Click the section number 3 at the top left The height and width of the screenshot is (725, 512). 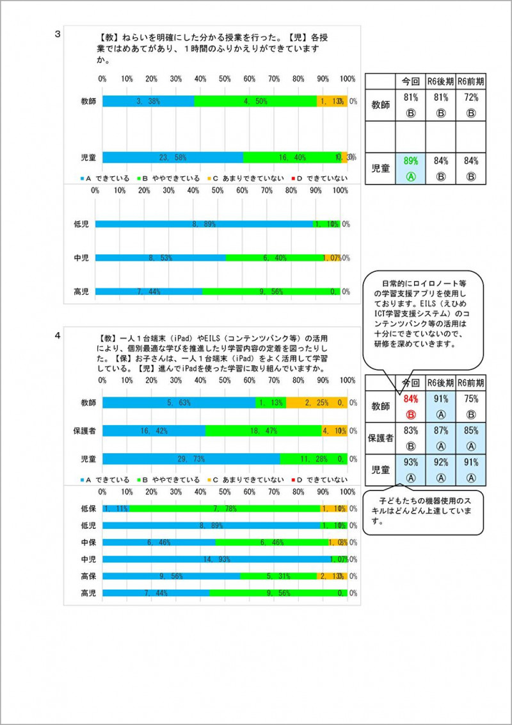tap(58, 34)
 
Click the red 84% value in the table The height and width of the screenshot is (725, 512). tap(410, 399)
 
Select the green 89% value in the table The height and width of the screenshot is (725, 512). tap(410, 162)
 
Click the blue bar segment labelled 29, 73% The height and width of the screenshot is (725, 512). tap(191, 458)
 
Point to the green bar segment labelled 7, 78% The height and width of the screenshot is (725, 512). tap(224, 508)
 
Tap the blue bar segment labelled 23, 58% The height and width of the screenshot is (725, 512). tap(173, 157)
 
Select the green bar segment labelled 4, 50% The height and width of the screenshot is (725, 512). tap(255, 101)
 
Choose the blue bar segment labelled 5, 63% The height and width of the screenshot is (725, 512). tap(179, 403)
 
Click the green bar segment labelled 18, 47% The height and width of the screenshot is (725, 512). tap(263, 431)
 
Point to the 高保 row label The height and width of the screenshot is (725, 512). tap(88, 576)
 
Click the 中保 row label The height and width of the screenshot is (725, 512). tap(88, 542)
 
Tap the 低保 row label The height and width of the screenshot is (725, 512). tap(88, 508)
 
